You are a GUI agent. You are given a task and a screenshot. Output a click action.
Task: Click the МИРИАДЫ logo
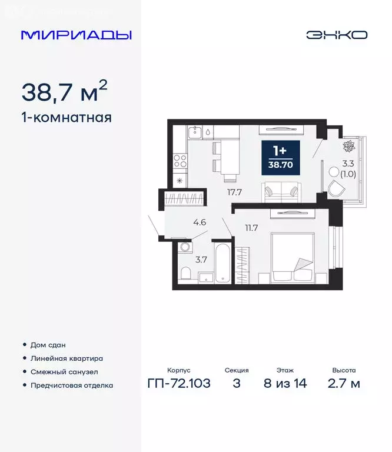pyautogui.click(x=76, y=35)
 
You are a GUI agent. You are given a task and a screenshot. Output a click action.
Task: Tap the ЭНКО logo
pyautogui.click(x=336, y=35)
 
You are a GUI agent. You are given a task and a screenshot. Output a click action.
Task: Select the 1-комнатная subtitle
pyautogui.click(x=66, y=117)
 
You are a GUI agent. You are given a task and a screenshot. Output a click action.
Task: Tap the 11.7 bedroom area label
pyautogui.click(x=252, y=228)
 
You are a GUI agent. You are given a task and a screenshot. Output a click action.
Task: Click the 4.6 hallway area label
pyautogui.click(x=200, y=222)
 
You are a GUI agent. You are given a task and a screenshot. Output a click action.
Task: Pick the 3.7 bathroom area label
pyautogui.click(x=200, y=258)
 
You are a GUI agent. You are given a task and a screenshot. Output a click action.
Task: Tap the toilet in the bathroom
pyautogui.click(x=185, y=274)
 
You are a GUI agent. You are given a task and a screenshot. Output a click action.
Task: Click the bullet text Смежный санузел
pyautogui.click(x=64, y=372)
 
